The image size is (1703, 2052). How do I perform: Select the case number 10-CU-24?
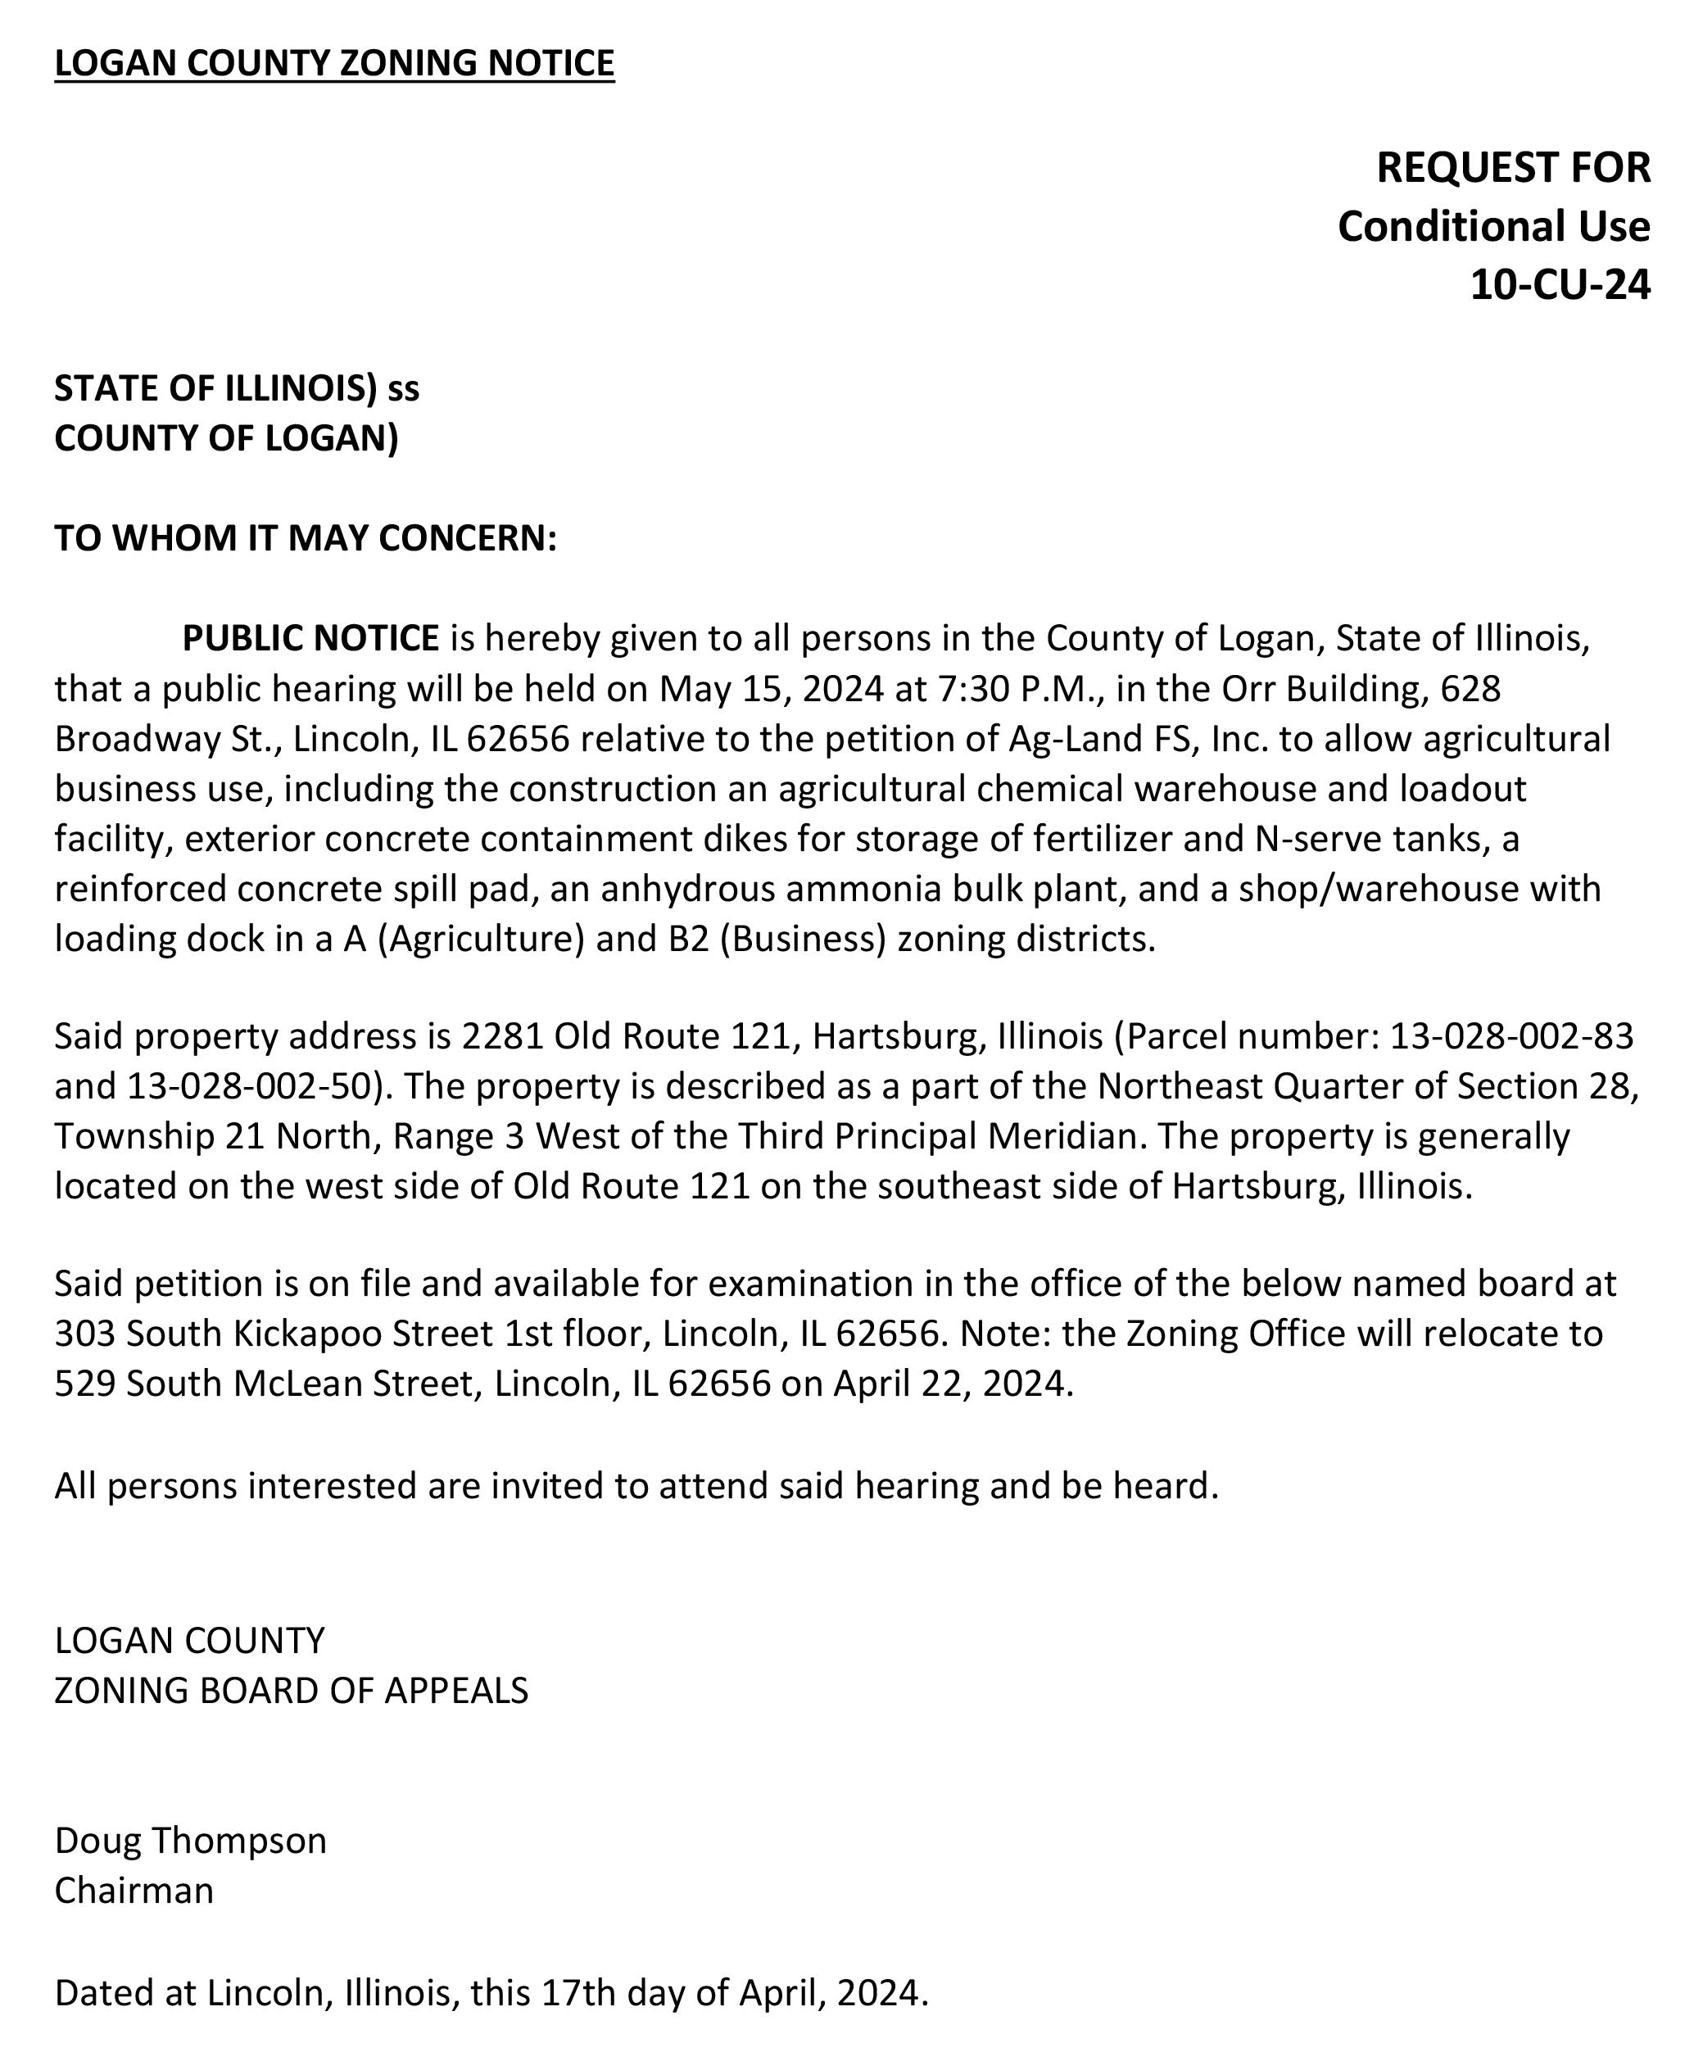click(1560, 284)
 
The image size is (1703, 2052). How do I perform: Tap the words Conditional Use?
click(1493, 227)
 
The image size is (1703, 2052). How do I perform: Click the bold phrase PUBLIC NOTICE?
click(310, 638)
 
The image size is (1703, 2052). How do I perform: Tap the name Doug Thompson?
click(191, 1841)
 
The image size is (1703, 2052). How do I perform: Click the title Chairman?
click(134, 1891)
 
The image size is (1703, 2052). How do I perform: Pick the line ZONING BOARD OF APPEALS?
click(291, 1692)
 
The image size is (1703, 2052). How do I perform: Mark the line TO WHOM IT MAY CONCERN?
click(305, 538)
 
